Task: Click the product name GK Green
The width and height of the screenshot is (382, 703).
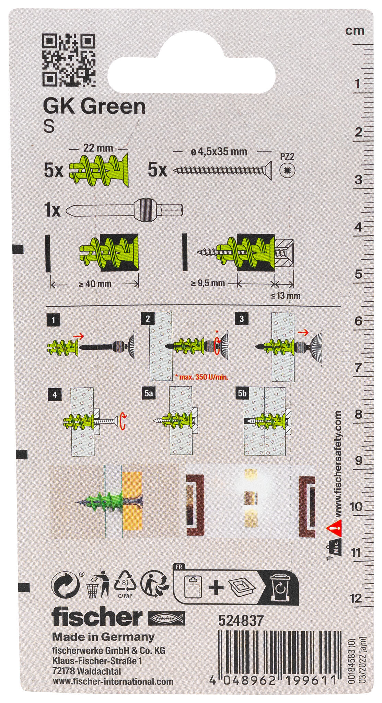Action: (94, 107)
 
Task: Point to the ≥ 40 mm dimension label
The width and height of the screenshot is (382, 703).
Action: (95, 284)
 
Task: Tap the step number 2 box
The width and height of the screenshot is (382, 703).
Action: (148, 319)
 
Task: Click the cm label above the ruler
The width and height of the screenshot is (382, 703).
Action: (355, 31)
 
